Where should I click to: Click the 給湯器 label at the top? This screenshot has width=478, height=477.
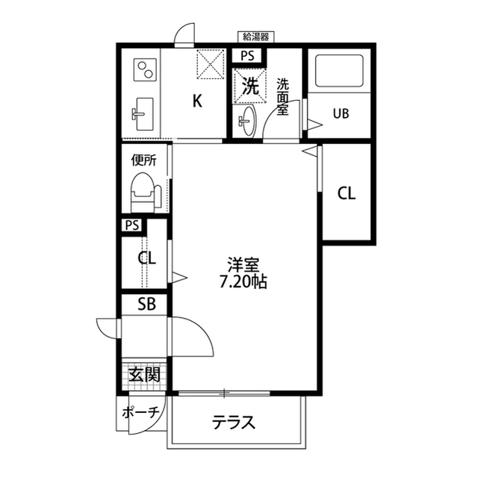pyautogui.click(x=256, y=36)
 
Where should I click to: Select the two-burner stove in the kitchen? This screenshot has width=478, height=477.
pyautogui.click(x=144, y=72)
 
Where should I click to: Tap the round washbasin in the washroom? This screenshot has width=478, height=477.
pyautogui.click(x=247, y=120)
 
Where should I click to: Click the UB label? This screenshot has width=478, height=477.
pyautogui.click(x=341, y=113)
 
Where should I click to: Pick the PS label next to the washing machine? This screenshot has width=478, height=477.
pyautogui.click(x=247, y=55)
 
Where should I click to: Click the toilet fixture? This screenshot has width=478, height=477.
pyautogui.click(x=143, y=193)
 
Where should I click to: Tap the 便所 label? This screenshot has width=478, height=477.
pyautogui.click(x=143, y=158)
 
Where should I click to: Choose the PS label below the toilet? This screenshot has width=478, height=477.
pyautogui.click(x=133, y=225)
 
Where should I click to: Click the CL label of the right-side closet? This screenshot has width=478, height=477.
pyautogui.click(x=346, y=193)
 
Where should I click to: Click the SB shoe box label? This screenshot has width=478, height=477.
pyautogui.click(x=146, y=305)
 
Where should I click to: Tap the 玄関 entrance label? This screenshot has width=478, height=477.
pyautogui.click(x=145, y=374)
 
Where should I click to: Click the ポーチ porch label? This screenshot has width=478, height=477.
pyautogui.click(x=140, y=412)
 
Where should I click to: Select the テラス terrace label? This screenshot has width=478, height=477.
pyautogui.click(x=234, y=423)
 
